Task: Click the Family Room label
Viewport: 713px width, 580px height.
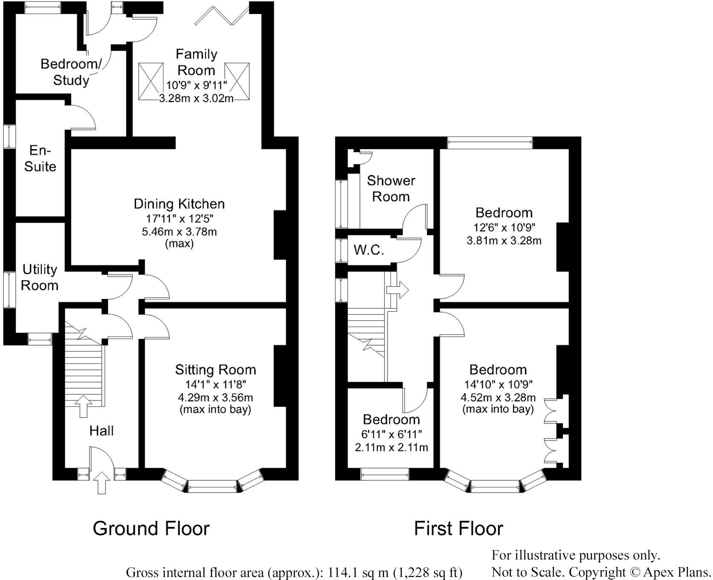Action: click(196, 62)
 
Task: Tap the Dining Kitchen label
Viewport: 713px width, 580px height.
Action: click(179, 204)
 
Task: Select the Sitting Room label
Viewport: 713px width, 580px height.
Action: click(215, 370)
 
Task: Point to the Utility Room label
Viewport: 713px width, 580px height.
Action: click(40, 277)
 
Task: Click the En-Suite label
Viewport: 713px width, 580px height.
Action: click(40, 158)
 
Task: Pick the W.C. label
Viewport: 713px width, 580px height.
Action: click(369, 249)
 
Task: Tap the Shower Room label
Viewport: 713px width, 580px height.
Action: click(391, 188)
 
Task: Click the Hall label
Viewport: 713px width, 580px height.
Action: click(102, 431)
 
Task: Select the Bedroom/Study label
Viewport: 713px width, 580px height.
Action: click(71, 72)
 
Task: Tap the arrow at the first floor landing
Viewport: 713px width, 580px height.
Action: click(397, 290)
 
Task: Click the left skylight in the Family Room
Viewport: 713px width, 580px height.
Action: click(151, 81)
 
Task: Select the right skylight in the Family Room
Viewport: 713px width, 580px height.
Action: click(237, 81)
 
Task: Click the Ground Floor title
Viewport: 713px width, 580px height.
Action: click(151, 529)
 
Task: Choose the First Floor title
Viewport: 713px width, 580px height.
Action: click(459, 529)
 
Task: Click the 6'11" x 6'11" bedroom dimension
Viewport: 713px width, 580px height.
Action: click(391, 435)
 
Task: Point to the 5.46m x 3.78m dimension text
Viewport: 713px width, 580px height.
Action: click(179, 232)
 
